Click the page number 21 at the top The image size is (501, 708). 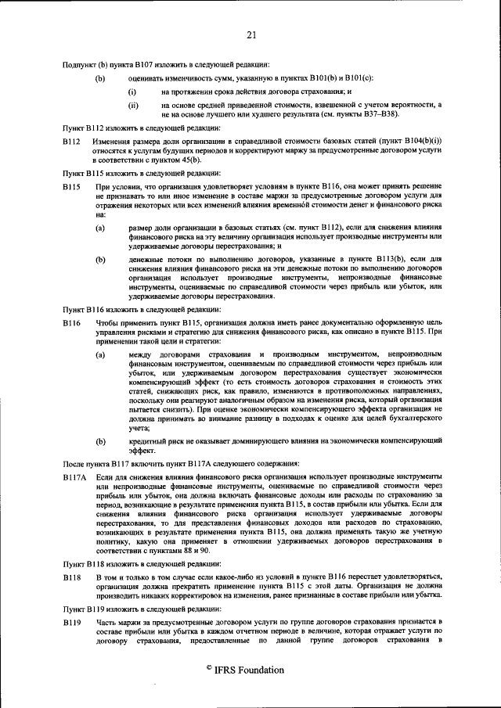(250, 34)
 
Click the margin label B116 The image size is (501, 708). (72, 322)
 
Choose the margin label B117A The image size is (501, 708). (75, 476)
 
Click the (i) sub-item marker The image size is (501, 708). (132, 92)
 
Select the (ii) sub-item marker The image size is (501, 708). (133, 104)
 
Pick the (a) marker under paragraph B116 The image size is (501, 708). (100, 355)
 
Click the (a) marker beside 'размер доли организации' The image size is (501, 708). (100, 227)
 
